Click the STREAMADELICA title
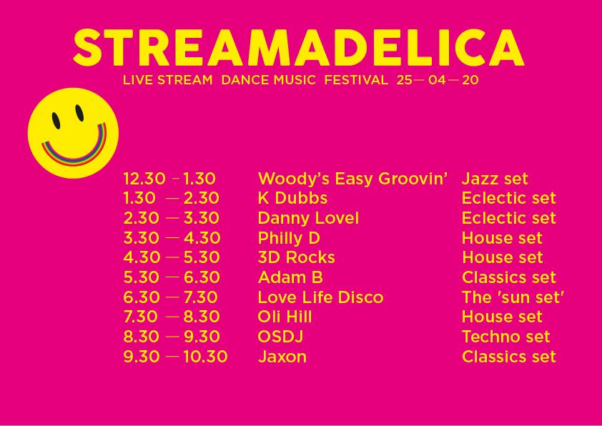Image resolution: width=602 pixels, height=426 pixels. click(x=298, y=47)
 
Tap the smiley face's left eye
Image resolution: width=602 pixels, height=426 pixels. click(x=56, y=121)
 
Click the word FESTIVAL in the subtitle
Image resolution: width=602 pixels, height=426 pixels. click(x=356, y=80)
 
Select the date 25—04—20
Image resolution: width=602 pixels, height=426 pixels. click(x=438, y=80)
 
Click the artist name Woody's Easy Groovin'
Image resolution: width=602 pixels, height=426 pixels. click(x=352, y=179)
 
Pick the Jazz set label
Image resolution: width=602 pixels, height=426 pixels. click(x=495, y=179)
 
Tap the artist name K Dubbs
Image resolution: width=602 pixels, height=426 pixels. click(x=292, y=198)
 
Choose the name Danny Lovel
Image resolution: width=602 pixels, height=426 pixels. click(x=308, y=218)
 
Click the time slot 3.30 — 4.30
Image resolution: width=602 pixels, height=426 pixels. click(x=172, y=238)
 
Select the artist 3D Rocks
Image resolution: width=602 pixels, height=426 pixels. click(x=297, y=257)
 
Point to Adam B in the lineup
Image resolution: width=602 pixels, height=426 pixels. click(x=290, y=277)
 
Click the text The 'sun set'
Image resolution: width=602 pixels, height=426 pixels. click(x=513, y=297)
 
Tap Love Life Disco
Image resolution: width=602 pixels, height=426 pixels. click(x=320, y=297)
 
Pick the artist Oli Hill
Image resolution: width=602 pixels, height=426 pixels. click(x=285, y=317)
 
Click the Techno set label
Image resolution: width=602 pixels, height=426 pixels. click(x=506, y=337)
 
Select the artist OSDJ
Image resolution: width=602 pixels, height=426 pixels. click(x=281, y=337)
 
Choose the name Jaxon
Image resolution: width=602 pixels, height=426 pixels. click(x=282, y=357)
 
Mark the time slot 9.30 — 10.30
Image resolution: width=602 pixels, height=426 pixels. click(x=175, y=357)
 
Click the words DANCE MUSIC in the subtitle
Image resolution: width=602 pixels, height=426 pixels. click(x=268, y=80)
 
